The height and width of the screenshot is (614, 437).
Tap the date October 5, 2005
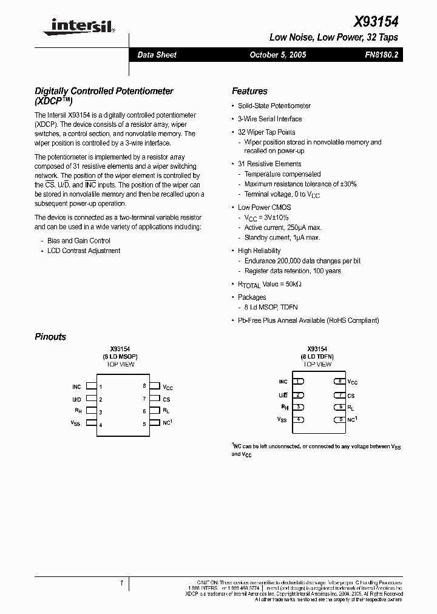tap(278, 55)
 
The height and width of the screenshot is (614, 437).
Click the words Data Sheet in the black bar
tap(157, 55)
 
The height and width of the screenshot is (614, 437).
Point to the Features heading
tap(249, 91)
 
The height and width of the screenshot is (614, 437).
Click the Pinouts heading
tap(50, 337)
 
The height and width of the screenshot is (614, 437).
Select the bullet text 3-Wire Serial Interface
tap(269, 119)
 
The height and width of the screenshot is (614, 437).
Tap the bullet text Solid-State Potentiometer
tap(274, 106)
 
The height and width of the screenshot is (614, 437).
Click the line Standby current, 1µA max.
tap(282, 238)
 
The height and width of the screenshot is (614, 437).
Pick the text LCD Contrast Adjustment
tap(84, 251)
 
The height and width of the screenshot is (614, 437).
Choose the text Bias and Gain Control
tap(79, 241)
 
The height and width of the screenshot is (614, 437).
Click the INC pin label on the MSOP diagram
tap(76, 386)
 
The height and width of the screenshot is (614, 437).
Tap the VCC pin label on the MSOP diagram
tap(168, 386)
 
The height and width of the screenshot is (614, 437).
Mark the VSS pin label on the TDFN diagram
tap(282, 419)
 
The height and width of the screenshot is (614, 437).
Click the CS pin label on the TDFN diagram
tap(351, 395)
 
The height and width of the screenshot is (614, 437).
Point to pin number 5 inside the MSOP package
tap(144, 424)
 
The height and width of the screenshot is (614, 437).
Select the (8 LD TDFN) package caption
tap(317, 357)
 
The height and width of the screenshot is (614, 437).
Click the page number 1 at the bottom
tap(121, 583)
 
